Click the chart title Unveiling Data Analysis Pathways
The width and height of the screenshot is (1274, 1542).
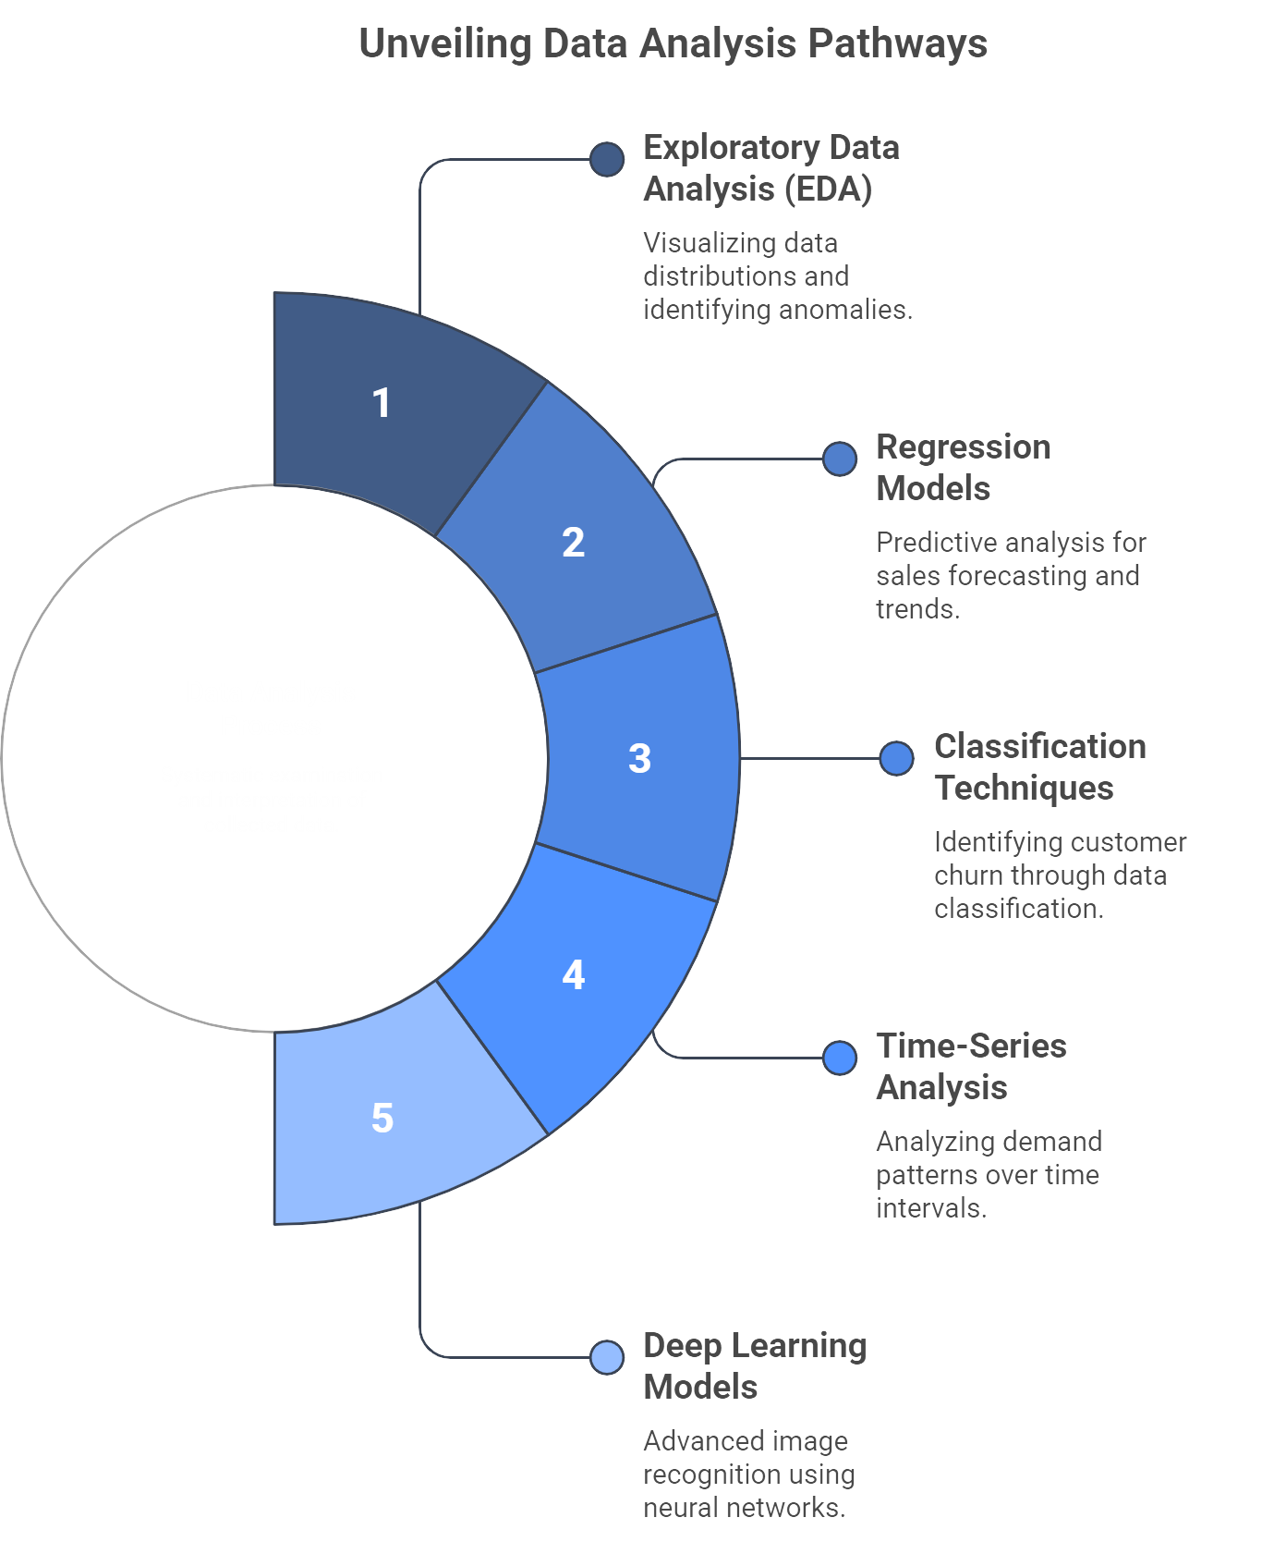click(673, 44)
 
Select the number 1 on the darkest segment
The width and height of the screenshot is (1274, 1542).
click(382, 403)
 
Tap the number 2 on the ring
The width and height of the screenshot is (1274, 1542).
click(573, 542)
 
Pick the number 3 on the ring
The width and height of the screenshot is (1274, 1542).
click(639, 758)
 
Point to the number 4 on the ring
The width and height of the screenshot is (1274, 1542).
click(573, 974)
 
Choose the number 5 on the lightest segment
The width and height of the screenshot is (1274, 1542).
click(382, 1118)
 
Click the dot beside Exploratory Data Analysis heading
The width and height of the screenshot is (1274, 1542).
click(607, 159)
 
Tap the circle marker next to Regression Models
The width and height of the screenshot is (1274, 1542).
click(840, 459)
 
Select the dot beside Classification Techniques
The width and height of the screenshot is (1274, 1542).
click(897, 758)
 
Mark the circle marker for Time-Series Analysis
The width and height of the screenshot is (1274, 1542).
click(840, 1058)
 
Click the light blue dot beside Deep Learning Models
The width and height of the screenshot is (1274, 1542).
click(607, 1357)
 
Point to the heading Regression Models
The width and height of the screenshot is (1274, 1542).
click(964, 468)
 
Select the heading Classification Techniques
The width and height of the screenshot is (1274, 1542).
click(1040, 767)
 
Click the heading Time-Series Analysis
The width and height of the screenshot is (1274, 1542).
click(971, 1067)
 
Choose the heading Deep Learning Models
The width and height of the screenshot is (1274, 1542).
click(755, 1366)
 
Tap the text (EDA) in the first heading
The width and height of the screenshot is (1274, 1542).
click(829, 190)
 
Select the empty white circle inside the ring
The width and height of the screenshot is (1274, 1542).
click(275, 758)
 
